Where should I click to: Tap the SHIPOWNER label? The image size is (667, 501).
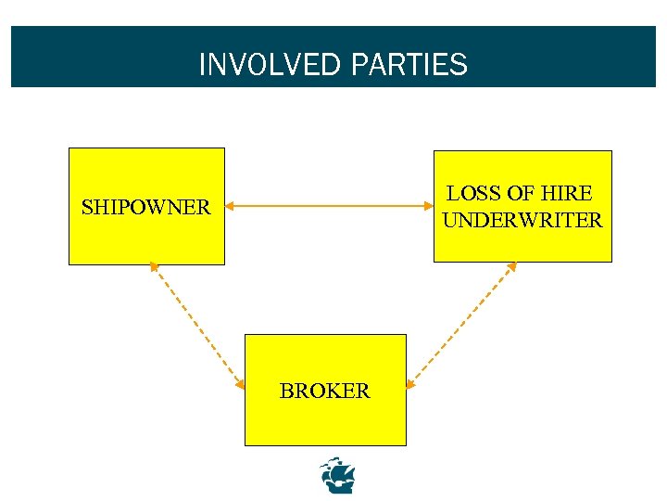pyautogui.click(x=145, y=207)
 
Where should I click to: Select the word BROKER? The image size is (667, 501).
pyautogui.click(x=324, y=392)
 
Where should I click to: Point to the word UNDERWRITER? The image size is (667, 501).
pyautogui.click(x=522, y=221)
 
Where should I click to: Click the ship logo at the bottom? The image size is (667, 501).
pyautogui.click(x=337, y=475)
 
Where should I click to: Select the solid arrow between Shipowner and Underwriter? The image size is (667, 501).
pyautogui.click(x=329, y=206)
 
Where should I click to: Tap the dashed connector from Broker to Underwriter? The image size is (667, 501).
pyautogui.click(x=461, y=325)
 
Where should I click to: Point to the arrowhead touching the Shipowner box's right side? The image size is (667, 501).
pyautogui.click(x=231, y=206)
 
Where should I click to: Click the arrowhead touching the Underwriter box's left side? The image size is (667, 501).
pyautogui.click(x=427, y=206)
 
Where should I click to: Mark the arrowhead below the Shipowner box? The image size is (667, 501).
pyautogui.click(x=154, y=269)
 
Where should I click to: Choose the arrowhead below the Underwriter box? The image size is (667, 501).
pyautogui.click(x=511, y=267)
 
